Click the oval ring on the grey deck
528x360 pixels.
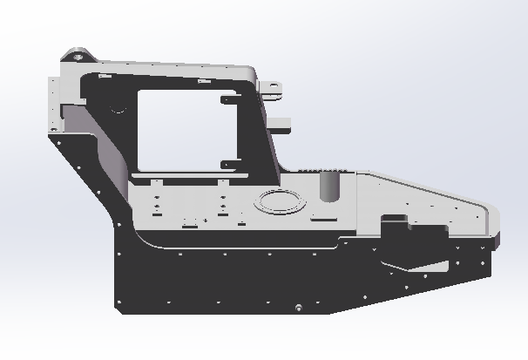(280, 200)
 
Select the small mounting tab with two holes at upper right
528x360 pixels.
(273, 87)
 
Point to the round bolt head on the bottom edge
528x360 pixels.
(298, 308)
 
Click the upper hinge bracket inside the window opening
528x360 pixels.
(230, 98)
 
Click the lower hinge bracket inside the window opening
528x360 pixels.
(229, 163)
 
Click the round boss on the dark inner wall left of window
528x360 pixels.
(117, 110)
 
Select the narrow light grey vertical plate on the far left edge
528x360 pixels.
(54, 105)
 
